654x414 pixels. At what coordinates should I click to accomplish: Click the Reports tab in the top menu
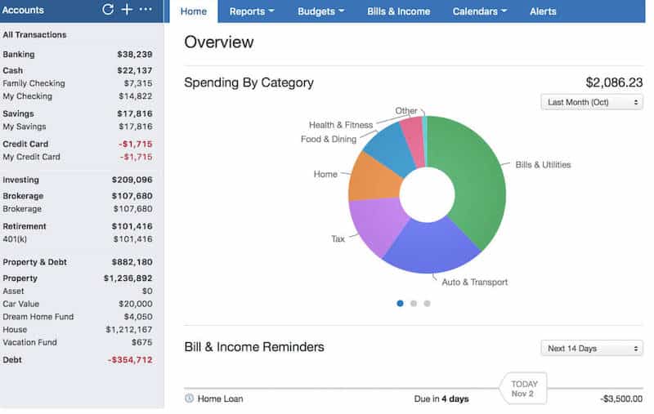pyautogui.click(x=251, y=11)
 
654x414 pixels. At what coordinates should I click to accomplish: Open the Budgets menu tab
pyautogui.click(x=320, y=11)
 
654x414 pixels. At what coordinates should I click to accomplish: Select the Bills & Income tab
pyautogui.click(x=398, y=11)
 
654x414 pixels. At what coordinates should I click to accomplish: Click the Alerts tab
pyautogui.click(x=543, y=11)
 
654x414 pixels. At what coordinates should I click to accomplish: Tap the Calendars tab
pyautogui.click(x=479, y=11)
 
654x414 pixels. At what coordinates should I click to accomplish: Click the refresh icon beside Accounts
pyautogui.click(x=108, y=10)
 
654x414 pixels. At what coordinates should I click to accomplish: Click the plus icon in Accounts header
pyautogui.click(x=127, y=10)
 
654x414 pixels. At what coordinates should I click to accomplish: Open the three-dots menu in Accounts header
pyautogui.click(x=146, y=10)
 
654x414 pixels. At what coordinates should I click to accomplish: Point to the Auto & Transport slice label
pyautogui.click(x=474, y=283)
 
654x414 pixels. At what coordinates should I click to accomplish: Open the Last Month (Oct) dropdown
pyautogui.click(x=591, y=102)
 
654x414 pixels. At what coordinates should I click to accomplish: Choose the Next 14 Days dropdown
pyautogui.click(x=591, y=349)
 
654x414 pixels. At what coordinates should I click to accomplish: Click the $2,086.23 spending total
pyautogui.click(x=613, y=82)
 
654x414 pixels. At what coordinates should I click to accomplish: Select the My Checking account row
pyautogui.click(x=28, y=96)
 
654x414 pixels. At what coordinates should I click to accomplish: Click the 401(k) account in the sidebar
pyautogui.click(x=16, y=239)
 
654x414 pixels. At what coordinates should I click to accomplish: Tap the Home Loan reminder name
pyautogui.click(x=220, y=398)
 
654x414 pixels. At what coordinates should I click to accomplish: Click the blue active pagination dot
pyautogui.click(x=400, y=303)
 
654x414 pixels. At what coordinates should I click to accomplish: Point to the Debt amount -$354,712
pyautogui.click(x=129, y=359)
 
